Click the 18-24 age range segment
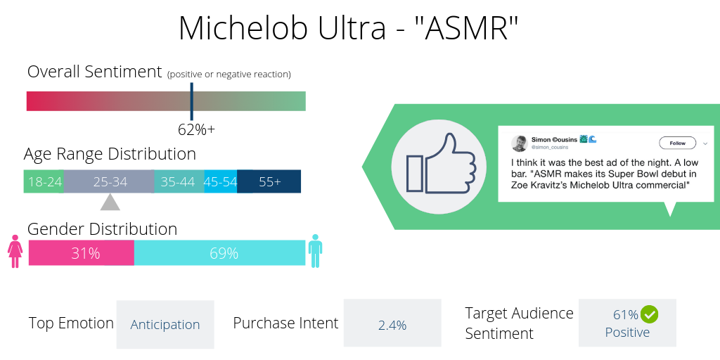click(44, 181)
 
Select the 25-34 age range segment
click(110, 181)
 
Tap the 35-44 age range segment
click(179, 181)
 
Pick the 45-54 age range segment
click(220, 181)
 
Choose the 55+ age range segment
click(269, 181)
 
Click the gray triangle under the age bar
click(110, 202)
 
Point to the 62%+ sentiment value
click(196, 129)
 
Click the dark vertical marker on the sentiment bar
click(191, 101)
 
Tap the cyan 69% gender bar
click(220, 253)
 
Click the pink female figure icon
click(15, 252)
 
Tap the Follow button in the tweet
click(677, 143)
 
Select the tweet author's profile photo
click(520, 143)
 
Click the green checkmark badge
click(649, 314)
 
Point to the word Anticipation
click(165, 325)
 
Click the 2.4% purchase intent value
click(392, 325)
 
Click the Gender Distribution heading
click(102, 229)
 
